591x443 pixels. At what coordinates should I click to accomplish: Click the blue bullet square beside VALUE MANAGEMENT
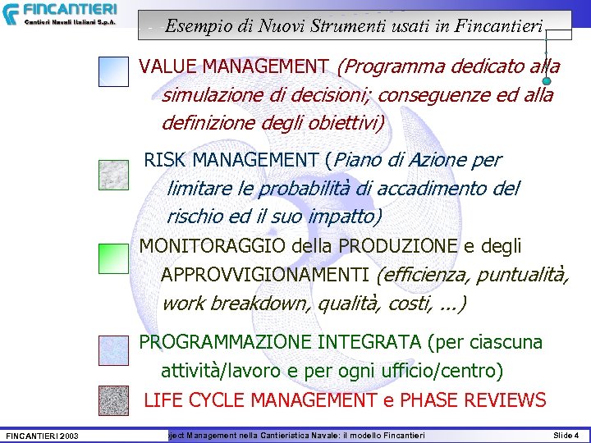coord(113,71)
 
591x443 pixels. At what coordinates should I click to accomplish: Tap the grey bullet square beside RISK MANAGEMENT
coord(113,175)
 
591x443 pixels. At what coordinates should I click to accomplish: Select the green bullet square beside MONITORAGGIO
coord(113,258)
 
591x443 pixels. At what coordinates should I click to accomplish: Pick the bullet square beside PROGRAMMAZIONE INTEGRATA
coord(113,350)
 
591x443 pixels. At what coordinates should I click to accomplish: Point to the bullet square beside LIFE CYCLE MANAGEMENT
coord(113,400)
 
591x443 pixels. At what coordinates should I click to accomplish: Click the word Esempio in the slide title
coord(194,25)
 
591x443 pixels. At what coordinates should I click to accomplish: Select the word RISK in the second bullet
coord(165,159)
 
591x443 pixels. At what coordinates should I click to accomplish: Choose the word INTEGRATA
coord(374,341)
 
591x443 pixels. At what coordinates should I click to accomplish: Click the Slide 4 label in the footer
coord(566,435)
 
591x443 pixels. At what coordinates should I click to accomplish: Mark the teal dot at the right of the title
coord(547,81)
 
